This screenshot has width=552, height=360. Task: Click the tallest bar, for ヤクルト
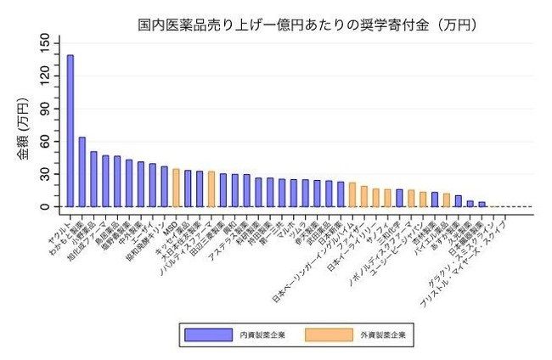coord(70,131)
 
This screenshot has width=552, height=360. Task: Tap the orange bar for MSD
coord(176,188)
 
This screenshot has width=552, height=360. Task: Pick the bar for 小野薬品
coord(93,179)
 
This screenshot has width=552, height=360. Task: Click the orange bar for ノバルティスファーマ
coord(211,189)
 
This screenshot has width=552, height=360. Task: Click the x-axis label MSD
coord(168,228)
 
